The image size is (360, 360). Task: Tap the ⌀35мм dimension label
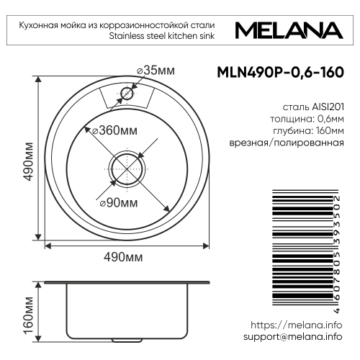156,70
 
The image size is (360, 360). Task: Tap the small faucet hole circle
127,93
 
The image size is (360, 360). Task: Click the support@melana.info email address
292,336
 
